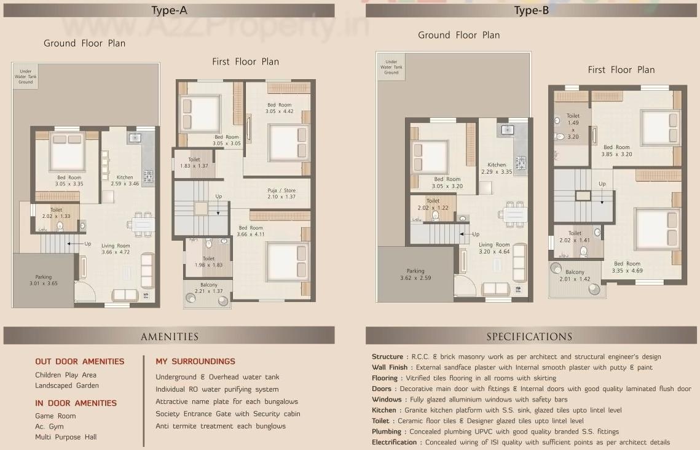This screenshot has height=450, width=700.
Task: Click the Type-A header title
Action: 169,10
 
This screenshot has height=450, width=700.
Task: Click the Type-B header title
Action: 532,10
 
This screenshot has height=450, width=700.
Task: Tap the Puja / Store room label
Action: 281,193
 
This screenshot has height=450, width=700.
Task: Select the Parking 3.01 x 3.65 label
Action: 44,280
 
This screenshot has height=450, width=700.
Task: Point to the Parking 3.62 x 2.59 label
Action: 415,274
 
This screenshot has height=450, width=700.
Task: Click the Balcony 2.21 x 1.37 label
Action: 208,288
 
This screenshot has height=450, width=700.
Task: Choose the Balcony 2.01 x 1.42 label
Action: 575,276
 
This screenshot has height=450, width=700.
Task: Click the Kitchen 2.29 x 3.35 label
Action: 497,168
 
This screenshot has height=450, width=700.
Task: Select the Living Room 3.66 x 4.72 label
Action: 116,249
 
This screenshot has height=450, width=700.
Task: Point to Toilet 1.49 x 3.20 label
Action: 573,126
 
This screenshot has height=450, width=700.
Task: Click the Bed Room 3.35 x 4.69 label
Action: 627,267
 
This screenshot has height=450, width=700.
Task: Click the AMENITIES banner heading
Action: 169,336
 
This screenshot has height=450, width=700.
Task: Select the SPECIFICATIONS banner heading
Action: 529,336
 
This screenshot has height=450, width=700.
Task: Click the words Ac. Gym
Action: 49,426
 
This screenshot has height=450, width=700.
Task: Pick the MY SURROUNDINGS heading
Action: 195,362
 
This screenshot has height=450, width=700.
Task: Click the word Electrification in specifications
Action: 394,442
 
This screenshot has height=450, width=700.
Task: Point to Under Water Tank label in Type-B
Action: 391,67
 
